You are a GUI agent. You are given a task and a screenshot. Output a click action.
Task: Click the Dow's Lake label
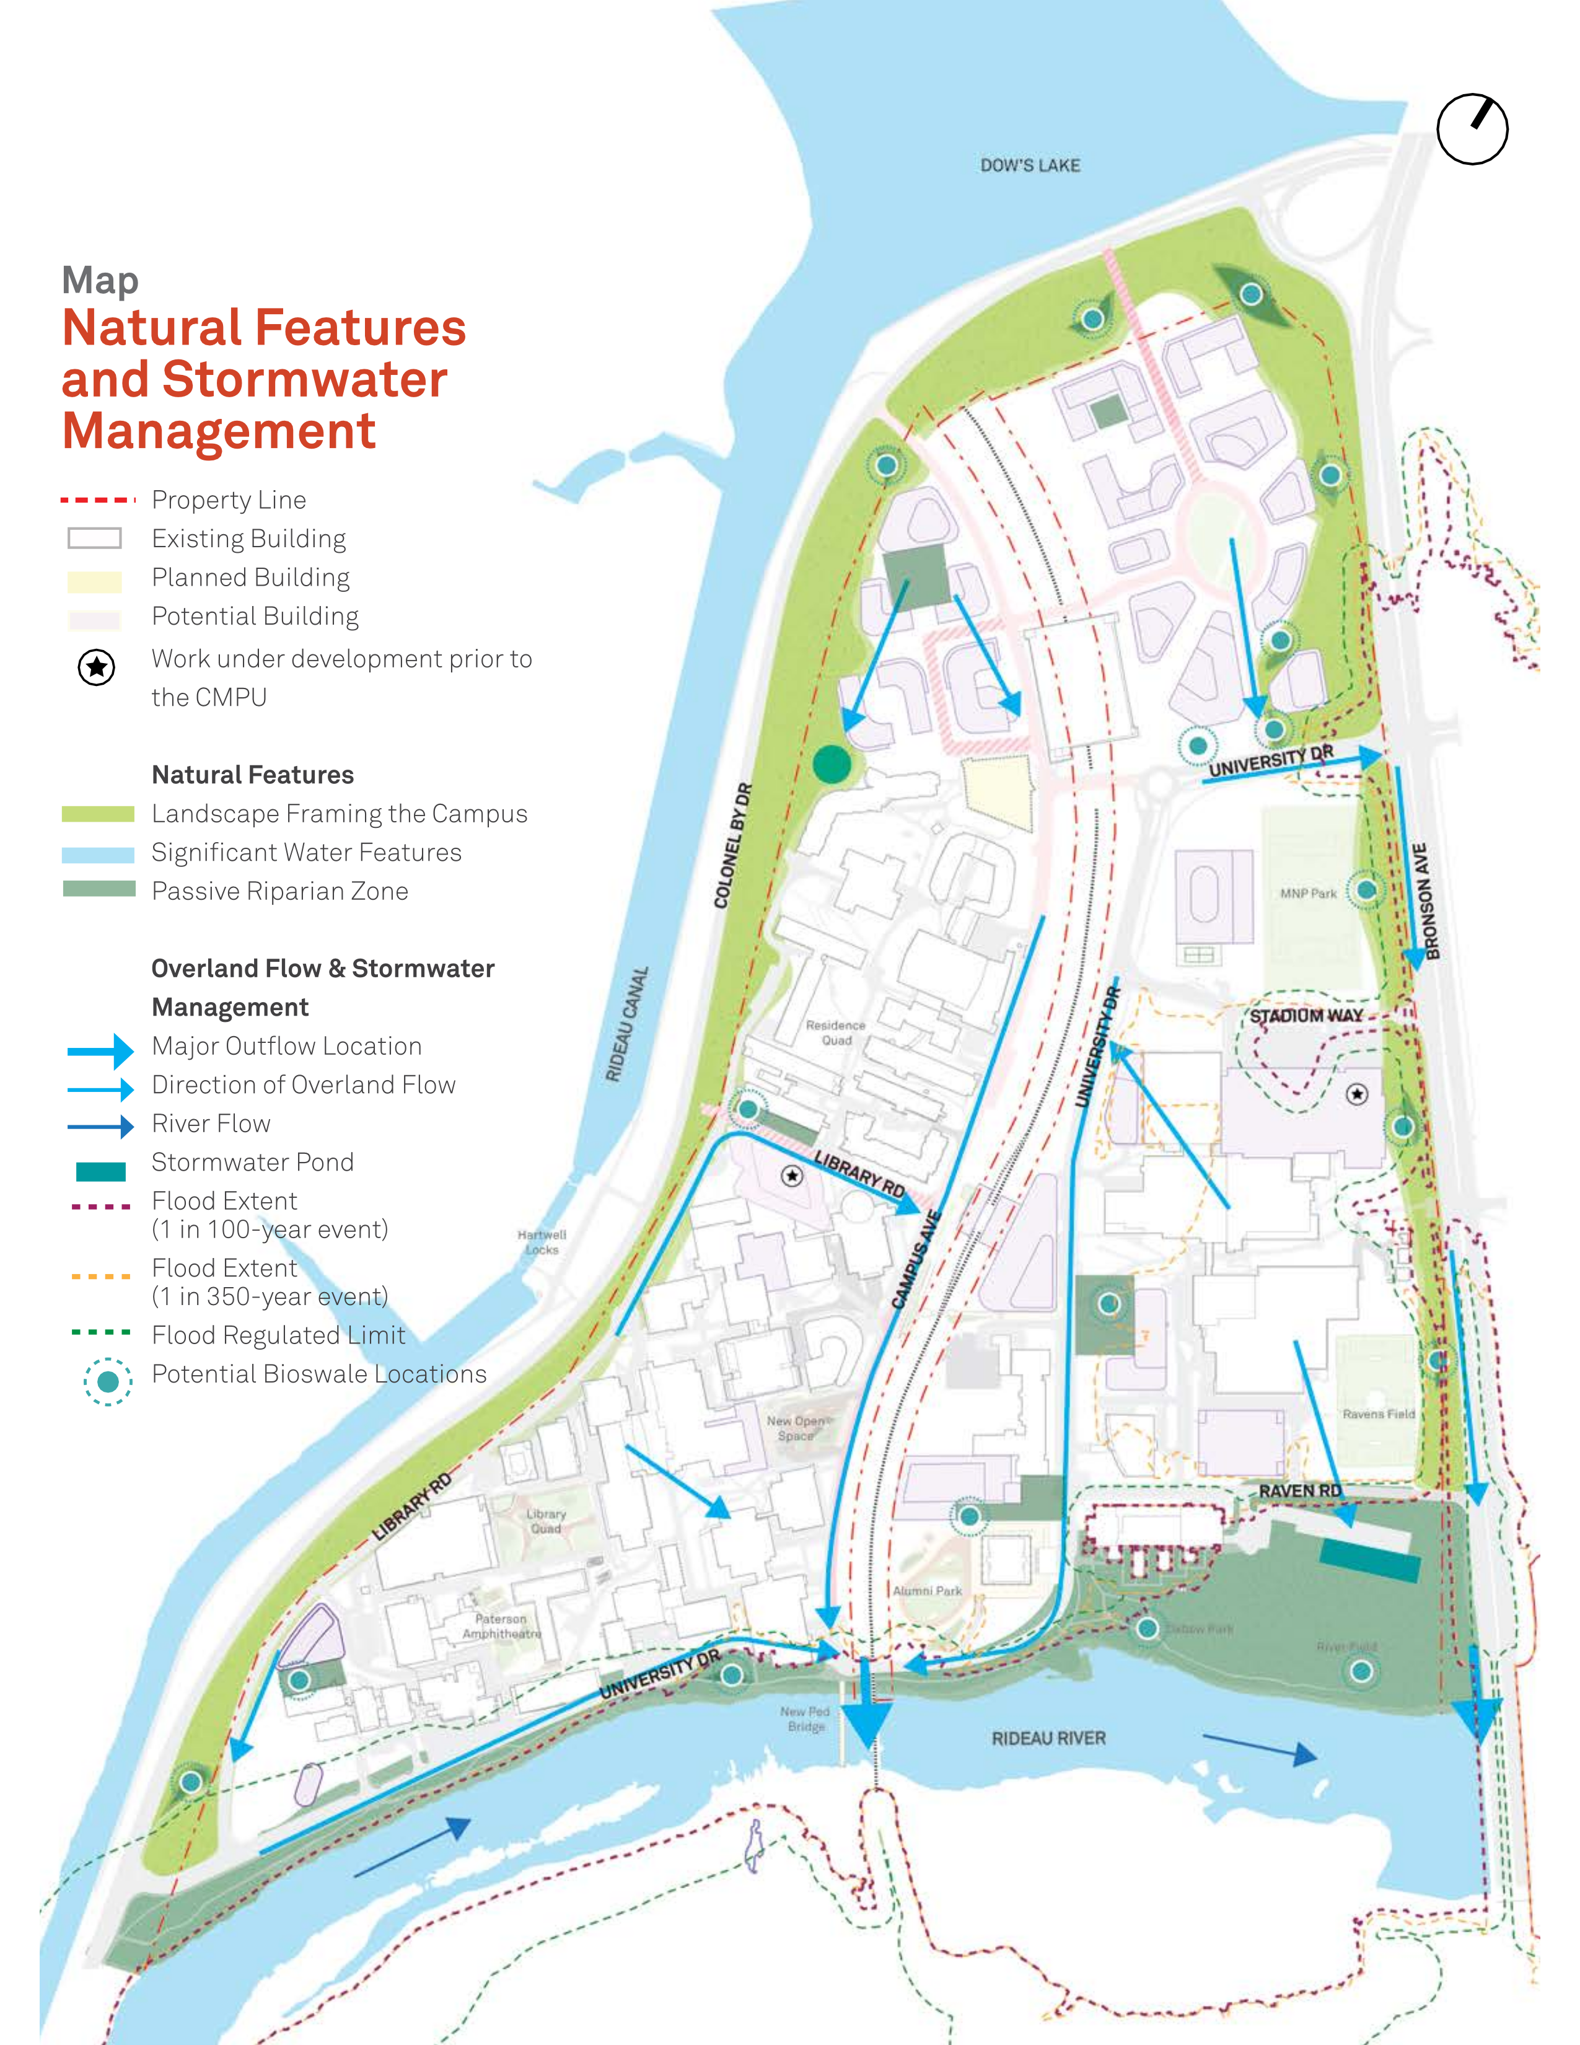pyautogui.click(x=1030, y=165)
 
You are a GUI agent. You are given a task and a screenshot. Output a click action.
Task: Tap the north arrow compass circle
pyautogui.click(x=1472, y=130)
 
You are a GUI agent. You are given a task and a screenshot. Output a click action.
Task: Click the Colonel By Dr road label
pyautogui.click(x=733, y=845)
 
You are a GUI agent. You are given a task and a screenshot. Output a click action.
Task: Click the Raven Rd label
pyautogui.click(x=1299, y=1490)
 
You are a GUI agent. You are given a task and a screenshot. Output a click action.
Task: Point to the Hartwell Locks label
pyautogui.click(x=542, y=1242)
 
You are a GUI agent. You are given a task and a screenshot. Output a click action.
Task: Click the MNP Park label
pyautogui.click(x=1309, y=893)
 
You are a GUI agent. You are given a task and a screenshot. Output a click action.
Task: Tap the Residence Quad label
pyautogui.click(x=836, y=1033)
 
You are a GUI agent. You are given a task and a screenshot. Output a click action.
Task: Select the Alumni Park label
pyautogui.click(x=927, y=1591)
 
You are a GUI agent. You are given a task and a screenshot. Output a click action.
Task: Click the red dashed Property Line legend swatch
pyautogui.click(x=97, y=500)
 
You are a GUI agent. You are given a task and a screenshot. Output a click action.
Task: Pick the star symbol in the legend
pyautogui.click(x=97, y=667)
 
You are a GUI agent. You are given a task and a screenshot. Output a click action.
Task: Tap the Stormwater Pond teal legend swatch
pyautogui.click(x=100, y=1171)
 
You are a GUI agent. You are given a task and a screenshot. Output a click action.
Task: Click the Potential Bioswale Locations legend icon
pyautogui.click(x=108, y=1381)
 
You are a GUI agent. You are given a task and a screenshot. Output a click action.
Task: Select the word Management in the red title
pyautogui.click(x=218, y=431)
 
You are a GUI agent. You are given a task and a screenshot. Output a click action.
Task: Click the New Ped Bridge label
pyautogui.click(x=805, y=1718)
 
